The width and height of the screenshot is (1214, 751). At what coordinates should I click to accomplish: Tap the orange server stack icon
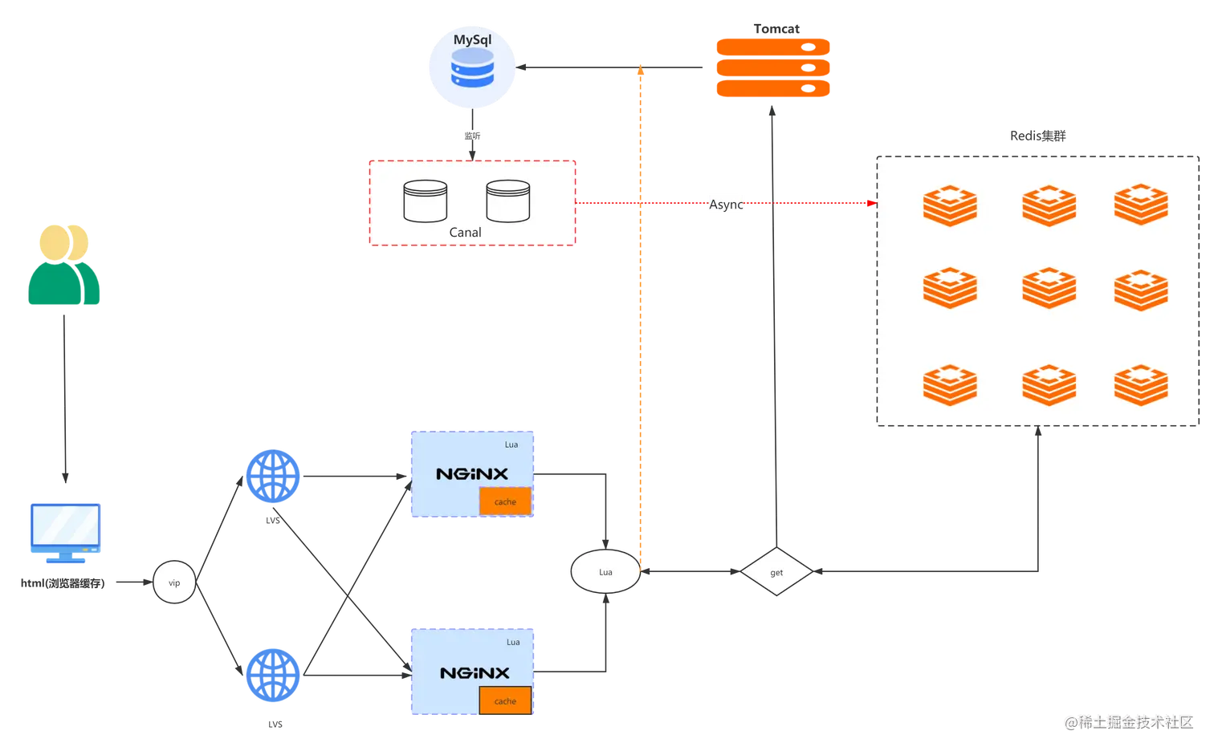tap(772, 68)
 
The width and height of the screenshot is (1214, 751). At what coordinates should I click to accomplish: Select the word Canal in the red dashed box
tap(465, 233)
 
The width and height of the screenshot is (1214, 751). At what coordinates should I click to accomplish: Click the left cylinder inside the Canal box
tap(425, 201)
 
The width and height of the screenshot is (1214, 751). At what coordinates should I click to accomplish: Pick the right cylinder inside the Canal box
tap(507, 201)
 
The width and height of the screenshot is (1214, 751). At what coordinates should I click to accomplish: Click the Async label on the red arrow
tap(726, 204)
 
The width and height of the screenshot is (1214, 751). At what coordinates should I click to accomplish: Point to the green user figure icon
tap(63, 266)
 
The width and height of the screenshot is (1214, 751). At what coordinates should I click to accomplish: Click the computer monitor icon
tap(64, 530)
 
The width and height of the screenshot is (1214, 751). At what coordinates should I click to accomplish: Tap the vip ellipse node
tap(174, 583)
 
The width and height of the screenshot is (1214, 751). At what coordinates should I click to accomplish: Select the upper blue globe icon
tap(273, 475)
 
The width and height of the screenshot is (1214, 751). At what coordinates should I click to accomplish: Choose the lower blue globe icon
tap(273, 674)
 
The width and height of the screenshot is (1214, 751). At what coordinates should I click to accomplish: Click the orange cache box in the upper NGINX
tap(505, 501)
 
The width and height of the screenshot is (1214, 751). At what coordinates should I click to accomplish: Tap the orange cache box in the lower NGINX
tap(505, 700)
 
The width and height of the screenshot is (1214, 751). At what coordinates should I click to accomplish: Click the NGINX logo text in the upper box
tap(472, 474)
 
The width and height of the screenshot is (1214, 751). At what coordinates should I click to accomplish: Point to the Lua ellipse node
tap(605, 572)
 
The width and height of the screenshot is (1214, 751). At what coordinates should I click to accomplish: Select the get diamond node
tap(776, 572)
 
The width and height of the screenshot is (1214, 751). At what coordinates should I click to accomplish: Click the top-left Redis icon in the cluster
tap(950, 205)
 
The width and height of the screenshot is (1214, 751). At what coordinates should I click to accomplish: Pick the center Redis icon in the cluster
tap(1049, 287)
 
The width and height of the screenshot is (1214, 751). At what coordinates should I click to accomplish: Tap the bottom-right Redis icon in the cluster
tap(1141, 384)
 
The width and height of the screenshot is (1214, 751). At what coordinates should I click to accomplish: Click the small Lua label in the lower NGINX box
tap(513, 642)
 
